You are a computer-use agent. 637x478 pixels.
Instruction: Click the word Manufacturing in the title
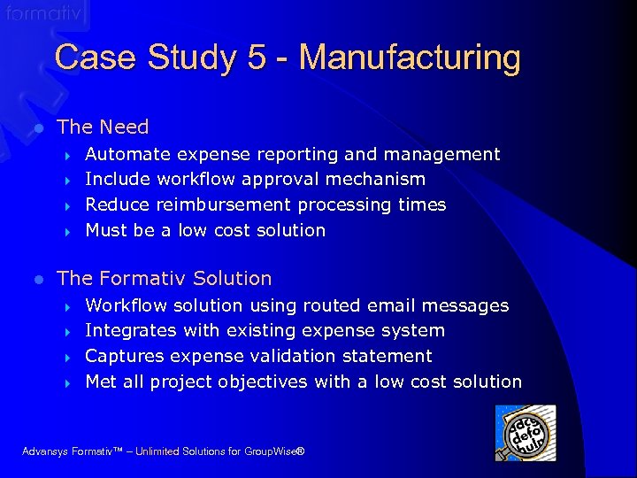[x=410, y=58]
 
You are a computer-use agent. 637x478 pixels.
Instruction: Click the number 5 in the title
[x=257, y=58]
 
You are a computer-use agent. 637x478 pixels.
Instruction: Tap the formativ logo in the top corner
[x=43, y=13]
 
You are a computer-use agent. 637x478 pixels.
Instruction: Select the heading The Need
[x=103, y=127]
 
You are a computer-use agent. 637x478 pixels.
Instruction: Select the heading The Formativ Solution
[x=164, y=279]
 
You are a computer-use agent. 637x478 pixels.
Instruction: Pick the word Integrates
[x=132, y=331]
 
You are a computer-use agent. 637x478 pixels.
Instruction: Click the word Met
[x=101, y=382]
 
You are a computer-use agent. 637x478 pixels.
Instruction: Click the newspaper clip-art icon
[x=526, y=433]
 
